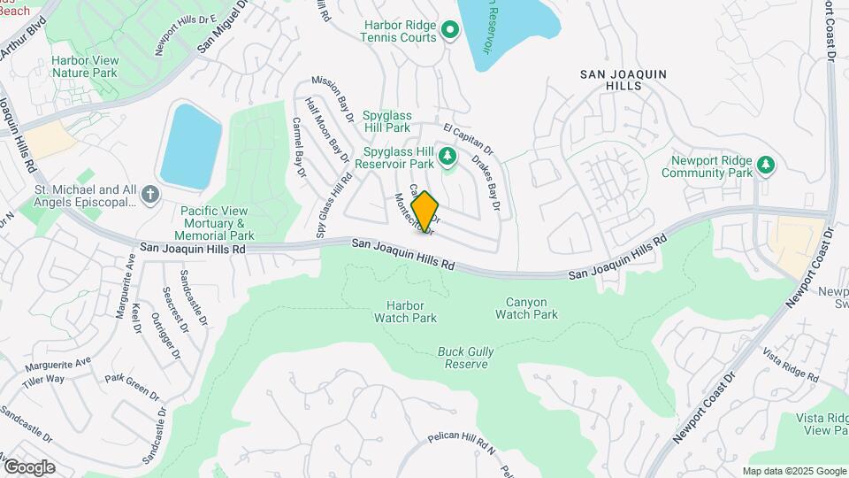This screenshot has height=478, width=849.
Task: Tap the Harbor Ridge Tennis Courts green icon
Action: [x=449, y=32]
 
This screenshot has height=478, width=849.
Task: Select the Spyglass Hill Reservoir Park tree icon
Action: [x=447, y=157]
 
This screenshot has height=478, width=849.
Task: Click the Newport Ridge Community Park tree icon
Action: [x=767, y=165]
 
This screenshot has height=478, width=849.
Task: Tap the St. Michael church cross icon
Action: [x=150, y=195]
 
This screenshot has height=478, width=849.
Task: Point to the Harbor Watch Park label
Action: [x=406, y=311]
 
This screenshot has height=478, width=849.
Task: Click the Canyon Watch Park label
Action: [x=526, y=308]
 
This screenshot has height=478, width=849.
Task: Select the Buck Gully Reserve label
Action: [x=466, y=358]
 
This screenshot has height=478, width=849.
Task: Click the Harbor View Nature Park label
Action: [x=84, y=66]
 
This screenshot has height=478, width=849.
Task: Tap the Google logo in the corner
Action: [x=28, y=466]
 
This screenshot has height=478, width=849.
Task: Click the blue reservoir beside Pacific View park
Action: [x=189, y=144]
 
